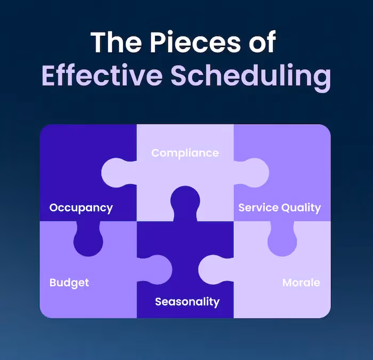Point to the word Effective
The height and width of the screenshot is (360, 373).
pos(101,77)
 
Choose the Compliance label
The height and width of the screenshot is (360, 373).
pos(185,153)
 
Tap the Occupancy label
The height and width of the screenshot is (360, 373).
pos(81,208)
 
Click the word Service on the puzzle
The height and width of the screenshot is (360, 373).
pos(257,208)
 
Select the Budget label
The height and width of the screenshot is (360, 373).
pos(69,282)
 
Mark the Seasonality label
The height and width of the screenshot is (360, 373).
pos(187,302)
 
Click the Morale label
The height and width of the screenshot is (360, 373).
pos(301,282)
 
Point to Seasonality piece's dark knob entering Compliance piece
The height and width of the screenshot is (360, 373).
pos(185,202)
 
